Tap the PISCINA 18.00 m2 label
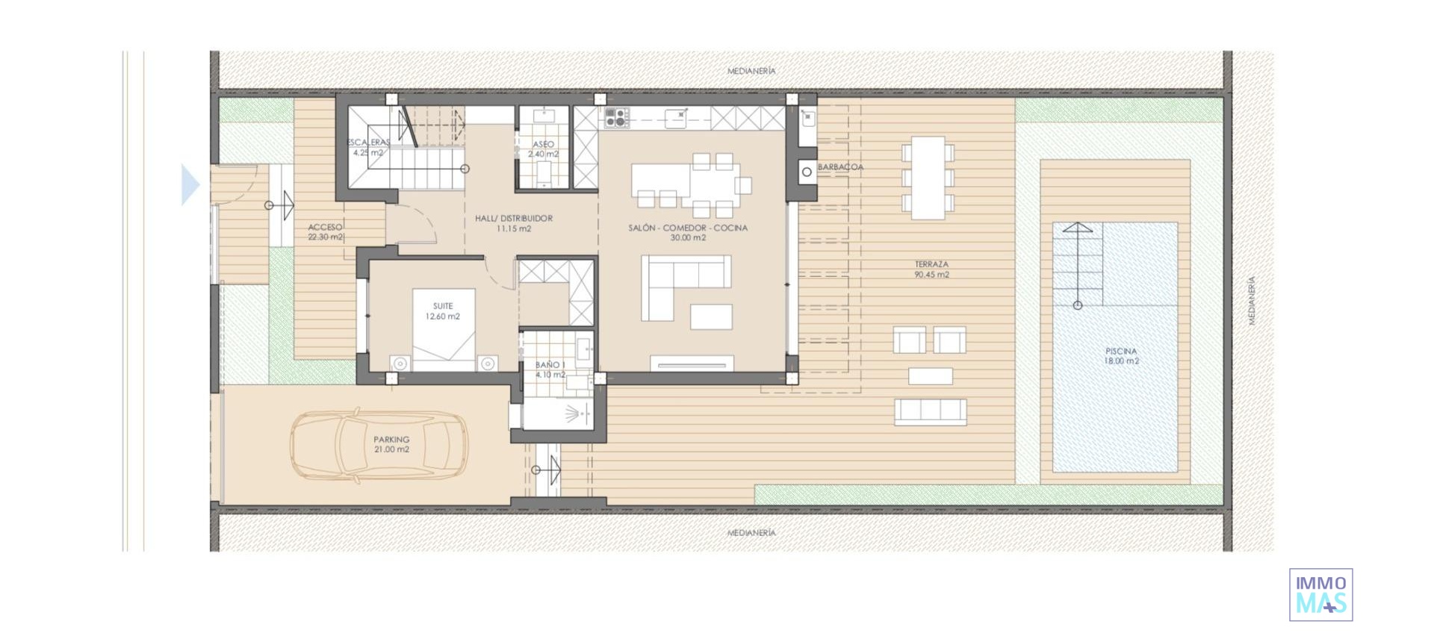[x=1121, y=356]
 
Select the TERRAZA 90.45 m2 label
[x=931, y=269]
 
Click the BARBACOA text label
[x=840, y=167]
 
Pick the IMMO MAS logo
[x=1320, y=595]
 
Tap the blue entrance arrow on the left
[x=190, y=184]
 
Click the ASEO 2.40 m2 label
[x=543, y=149]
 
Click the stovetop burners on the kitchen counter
[x=617, y=117]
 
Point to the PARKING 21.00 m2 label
[x=391, y=445]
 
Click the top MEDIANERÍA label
[x=751, y=71]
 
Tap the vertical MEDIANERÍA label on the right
[x=1252, y=300]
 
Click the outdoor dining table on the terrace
[x=928, y=178]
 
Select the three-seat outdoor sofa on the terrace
[x=930, y=411]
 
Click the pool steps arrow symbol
[x=1077, y=265]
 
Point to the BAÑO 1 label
[x=550, y=370]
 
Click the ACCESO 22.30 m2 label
[x=326, y=232]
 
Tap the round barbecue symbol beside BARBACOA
[x=807, y=172]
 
